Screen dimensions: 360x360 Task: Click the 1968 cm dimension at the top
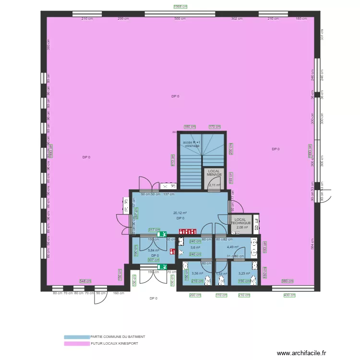point(180,7)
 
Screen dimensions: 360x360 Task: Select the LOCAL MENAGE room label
point(214,173)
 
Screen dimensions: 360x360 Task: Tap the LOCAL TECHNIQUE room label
point(241,221)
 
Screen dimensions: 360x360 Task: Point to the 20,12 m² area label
point(180,213)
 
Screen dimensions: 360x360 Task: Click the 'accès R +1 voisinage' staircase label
point(192,144)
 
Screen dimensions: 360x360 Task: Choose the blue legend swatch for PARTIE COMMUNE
point(77,337)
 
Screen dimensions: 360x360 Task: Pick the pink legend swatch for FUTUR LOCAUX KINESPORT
point(77,344)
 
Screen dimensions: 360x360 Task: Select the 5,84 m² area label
point(154,250)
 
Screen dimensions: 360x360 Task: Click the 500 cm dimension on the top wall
point(180,19)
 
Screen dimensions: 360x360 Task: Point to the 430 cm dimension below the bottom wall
point(289,295)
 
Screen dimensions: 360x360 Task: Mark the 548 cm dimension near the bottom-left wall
point(85,281)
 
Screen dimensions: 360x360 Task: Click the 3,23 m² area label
point(245,273)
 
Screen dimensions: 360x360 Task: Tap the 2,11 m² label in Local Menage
point(214,185)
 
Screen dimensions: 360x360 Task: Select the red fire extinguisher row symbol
point(188,231)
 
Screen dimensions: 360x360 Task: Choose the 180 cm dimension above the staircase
point(190,127)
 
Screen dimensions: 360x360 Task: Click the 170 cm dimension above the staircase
point(215,127)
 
